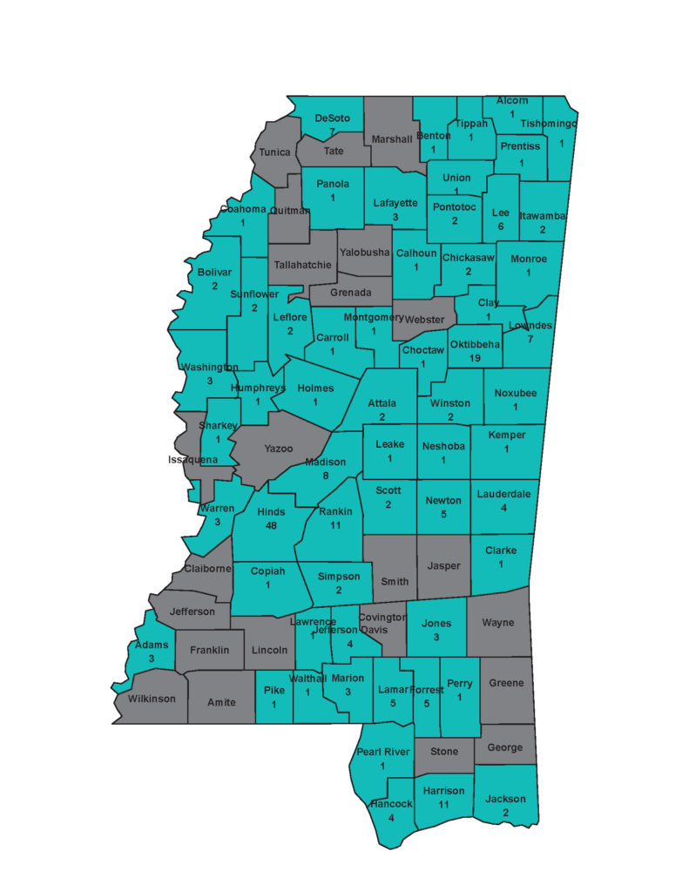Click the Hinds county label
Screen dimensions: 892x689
[x=271, y=512]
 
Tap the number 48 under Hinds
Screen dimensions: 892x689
[x=271, y=527]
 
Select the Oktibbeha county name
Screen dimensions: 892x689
[x=475, y=344]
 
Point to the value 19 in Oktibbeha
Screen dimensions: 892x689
[x=475, y=358]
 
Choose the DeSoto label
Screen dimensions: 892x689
[x=332, y=118]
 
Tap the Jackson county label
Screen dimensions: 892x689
[x=505, y=799]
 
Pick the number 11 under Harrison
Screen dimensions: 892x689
[x=443, y=805]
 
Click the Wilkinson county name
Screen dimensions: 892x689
[x=152, y=699]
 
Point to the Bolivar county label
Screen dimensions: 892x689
[x=214, y=272]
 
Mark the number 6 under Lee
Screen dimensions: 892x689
[x=500, y=226]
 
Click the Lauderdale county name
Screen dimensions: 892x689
[x=503, y=494]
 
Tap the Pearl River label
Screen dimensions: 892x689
[x=382, y=752]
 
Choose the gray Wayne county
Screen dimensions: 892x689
[x=498, y=623]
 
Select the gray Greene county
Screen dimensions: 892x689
[x=506, y=683]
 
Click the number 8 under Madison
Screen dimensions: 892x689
[x=325, y=476]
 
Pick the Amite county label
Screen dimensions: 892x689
[x=221, y=702]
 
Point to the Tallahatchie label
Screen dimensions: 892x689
[x=302, y=265]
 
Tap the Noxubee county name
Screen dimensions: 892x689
[x=516, y=392]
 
